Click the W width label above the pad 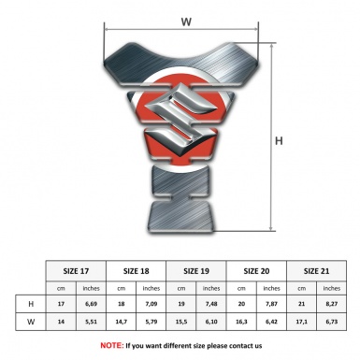coord(186,22)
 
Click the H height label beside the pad coord(279,141)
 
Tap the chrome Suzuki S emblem coord(180,118)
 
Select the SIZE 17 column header coord(76,271)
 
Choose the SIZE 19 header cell coord(196,271)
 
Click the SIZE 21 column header coord(316,271)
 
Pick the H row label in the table coord(31,304)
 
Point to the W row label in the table coord(31,322)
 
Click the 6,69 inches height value coord(91,304)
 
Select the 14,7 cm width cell coord(122,322)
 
